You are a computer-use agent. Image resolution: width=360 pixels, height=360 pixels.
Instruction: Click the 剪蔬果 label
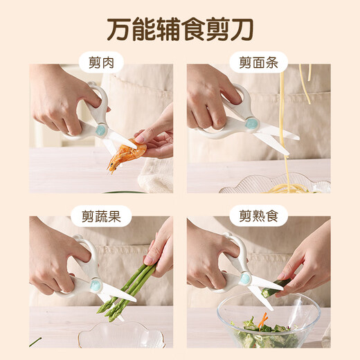[101, 217]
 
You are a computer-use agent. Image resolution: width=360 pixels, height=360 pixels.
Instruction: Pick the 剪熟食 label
[258, 217]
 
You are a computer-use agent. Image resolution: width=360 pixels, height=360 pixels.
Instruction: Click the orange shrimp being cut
[124, 154]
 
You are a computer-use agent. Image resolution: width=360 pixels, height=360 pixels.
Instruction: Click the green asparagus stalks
[129, 287]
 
